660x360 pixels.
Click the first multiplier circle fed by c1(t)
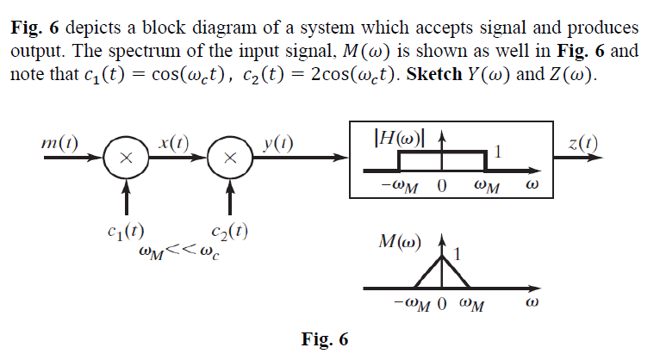(x=126, y=158)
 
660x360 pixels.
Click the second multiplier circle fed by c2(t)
(x=229, y=158)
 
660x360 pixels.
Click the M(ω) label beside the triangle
(x=399, y=240)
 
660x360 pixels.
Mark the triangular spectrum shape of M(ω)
(x=443, y=272)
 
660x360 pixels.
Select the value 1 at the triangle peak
(x=458, y=254)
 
